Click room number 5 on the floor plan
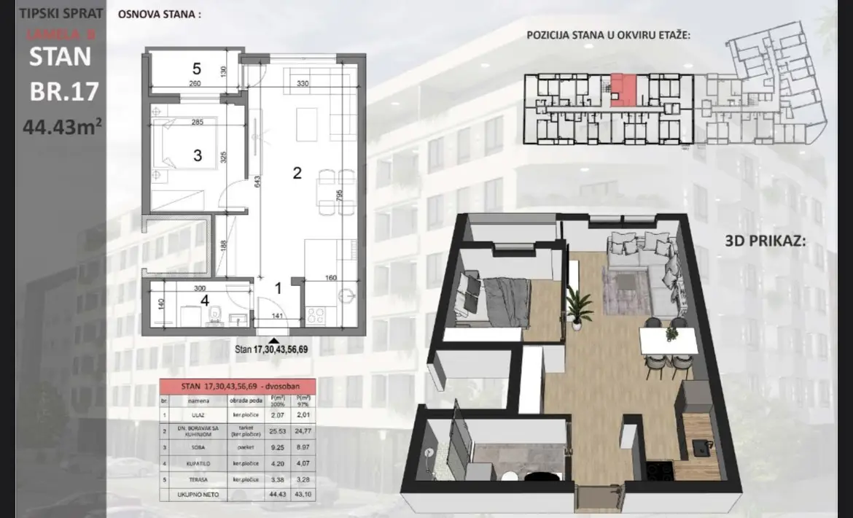(196, 69)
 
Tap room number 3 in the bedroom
(197, 155)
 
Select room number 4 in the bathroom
(205, 299)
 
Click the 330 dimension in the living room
(303, 84)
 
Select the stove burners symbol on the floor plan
(316, 315)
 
